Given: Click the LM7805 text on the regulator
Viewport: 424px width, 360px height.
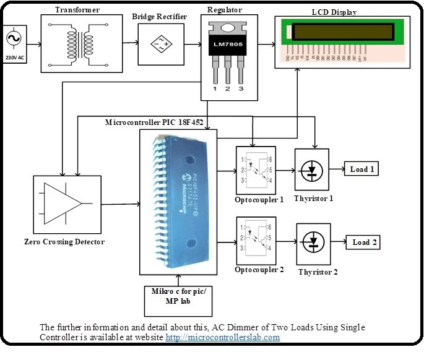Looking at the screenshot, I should point(226,48).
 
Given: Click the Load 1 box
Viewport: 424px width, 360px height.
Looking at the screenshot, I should point(361,169).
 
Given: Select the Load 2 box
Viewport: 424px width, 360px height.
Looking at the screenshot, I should point(365,242).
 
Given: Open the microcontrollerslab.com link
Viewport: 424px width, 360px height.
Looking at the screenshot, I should point(223,338).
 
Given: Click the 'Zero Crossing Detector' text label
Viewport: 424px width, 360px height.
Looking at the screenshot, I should point(64,242).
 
